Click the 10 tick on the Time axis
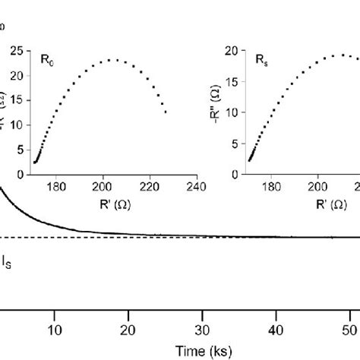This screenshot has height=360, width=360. [53, 330]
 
